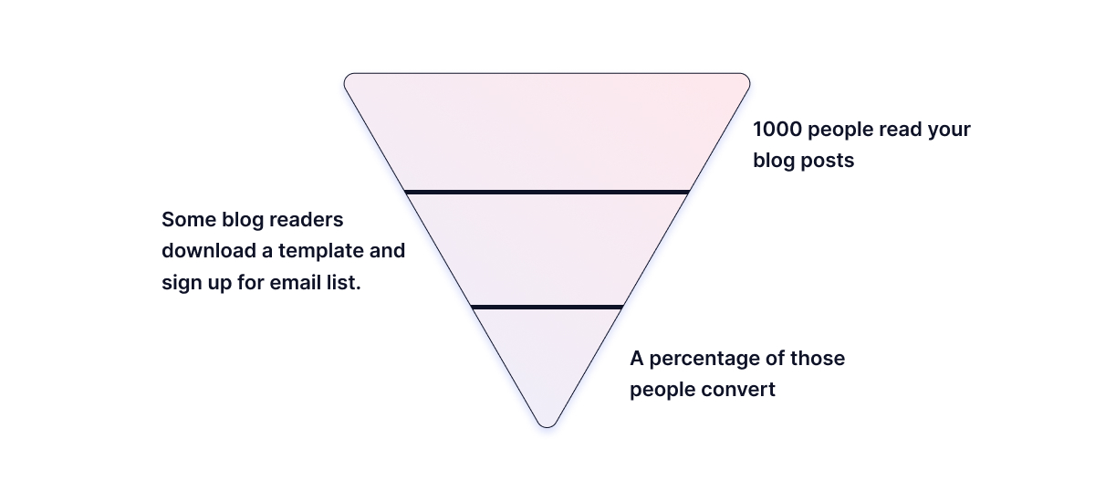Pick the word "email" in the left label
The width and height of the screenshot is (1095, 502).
click(x=297, y=282)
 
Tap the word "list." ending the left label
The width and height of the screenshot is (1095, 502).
click(x=345, y=282)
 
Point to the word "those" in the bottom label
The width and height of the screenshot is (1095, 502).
click(x=818, y=358)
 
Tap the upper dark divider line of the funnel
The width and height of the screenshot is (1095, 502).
click(x=547, y=192)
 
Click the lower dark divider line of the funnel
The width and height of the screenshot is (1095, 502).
click(x=547, y=307)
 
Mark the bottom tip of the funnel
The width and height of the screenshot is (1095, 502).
click(x=547, y=423)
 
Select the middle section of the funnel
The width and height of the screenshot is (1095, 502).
click(x=547, y=249)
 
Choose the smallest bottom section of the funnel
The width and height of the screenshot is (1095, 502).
click(x=547, y=356)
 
